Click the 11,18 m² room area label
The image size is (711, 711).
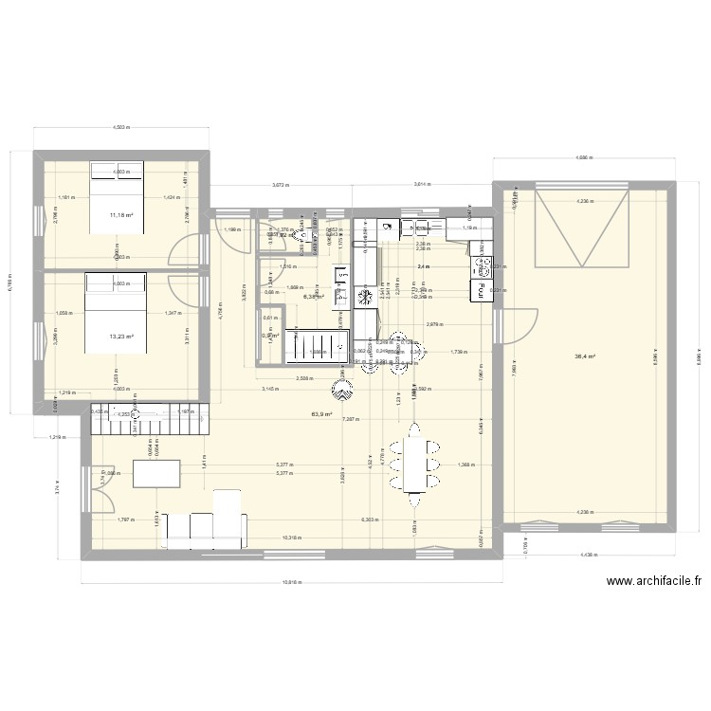(121, 215)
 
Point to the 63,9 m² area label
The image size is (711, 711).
(324, 414)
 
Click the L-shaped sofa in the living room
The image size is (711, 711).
(206, 524)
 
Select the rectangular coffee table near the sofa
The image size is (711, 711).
(156, 473)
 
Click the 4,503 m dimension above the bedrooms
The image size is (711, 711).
(121, 127)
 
